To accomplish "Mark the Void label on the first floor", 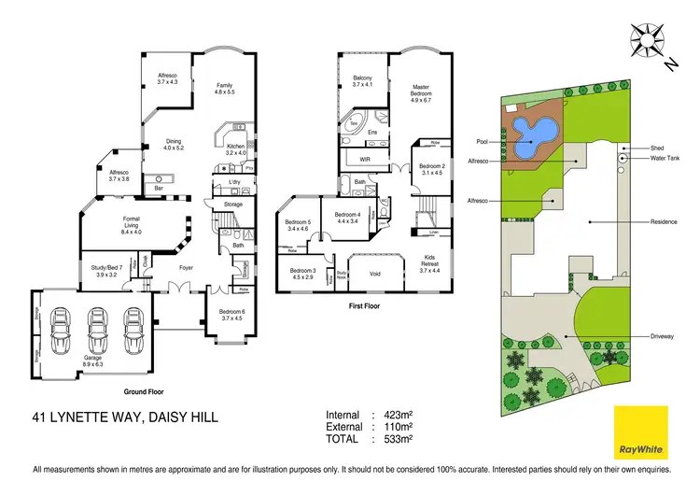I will click(374, 273).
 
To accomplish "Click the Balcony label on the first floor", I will click(363, 81).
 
